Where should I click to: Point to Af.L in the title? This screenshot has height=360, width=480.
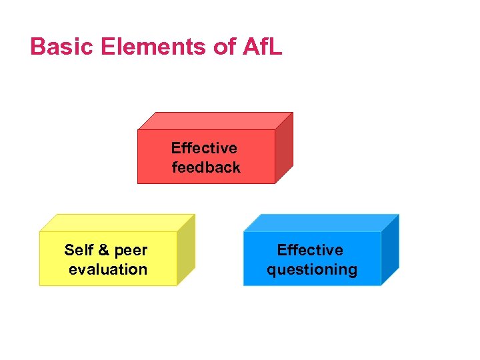(x=257, y=47)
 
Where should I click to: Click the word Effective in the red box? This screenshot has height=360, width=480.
(x=204, y=148)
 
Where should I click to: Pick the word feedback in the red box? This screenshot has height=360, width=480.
(x=206, y=167)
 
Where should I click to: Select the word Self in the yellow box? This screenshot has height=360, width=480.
(x=78, y=250)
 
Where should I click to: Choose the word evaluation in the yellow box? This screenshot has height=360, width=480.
(x=108, y=269)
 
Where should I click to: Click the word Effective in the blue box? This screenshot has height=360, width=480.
(x=310, y=250)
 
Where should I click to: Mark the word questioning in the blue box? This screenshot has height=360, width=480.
(x=312, y=270)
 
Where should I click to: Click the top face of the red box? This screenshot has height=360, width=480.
(x=215, y=121)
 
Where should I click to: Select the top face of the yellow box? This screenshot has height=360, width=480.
(x=117, y=223)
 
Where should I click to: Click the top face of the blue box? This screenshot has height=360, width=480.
(x=321, y=223)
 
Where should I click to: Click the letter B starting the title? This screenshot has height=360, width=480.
(x=37, y=47)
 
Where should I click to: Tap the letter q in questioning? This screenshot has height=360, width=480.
(x=271, y=271)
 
